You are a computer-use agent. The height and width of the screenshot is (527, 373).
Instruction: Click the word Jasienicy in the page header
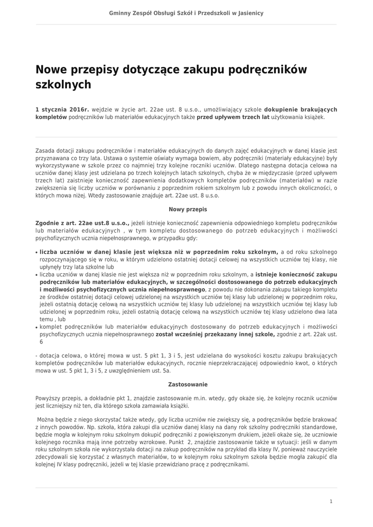[x=250, y=12]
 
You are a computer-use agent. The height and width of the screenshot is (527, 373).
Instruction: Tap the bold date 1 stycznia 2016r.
[x=62, y=110]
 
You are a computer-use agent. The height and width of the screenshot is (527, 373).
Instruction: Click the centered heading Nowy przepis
[x=186, y=209]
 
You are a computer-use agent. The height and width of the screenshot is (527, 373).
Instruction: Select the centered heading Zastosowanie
[x=186, y=384]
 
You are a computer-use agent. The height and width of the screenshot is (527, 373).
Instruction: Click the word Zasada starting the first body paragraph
[x=46, y=150]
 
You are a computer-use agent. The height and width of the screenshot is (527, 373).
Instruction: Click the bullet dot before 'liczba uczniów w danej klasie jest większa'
[x=37, y=253]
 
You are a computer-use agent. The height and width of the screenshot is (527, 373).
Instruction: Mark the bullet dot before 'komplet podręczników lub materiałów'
[x=37, y=327]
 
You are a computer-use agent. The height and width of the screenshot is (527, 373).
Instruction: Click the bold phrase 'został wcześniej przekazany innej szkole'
[x=216, y=334]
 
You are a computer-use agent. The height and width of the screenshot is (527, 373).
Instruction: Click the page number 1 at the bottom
[x=331, y=501]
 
